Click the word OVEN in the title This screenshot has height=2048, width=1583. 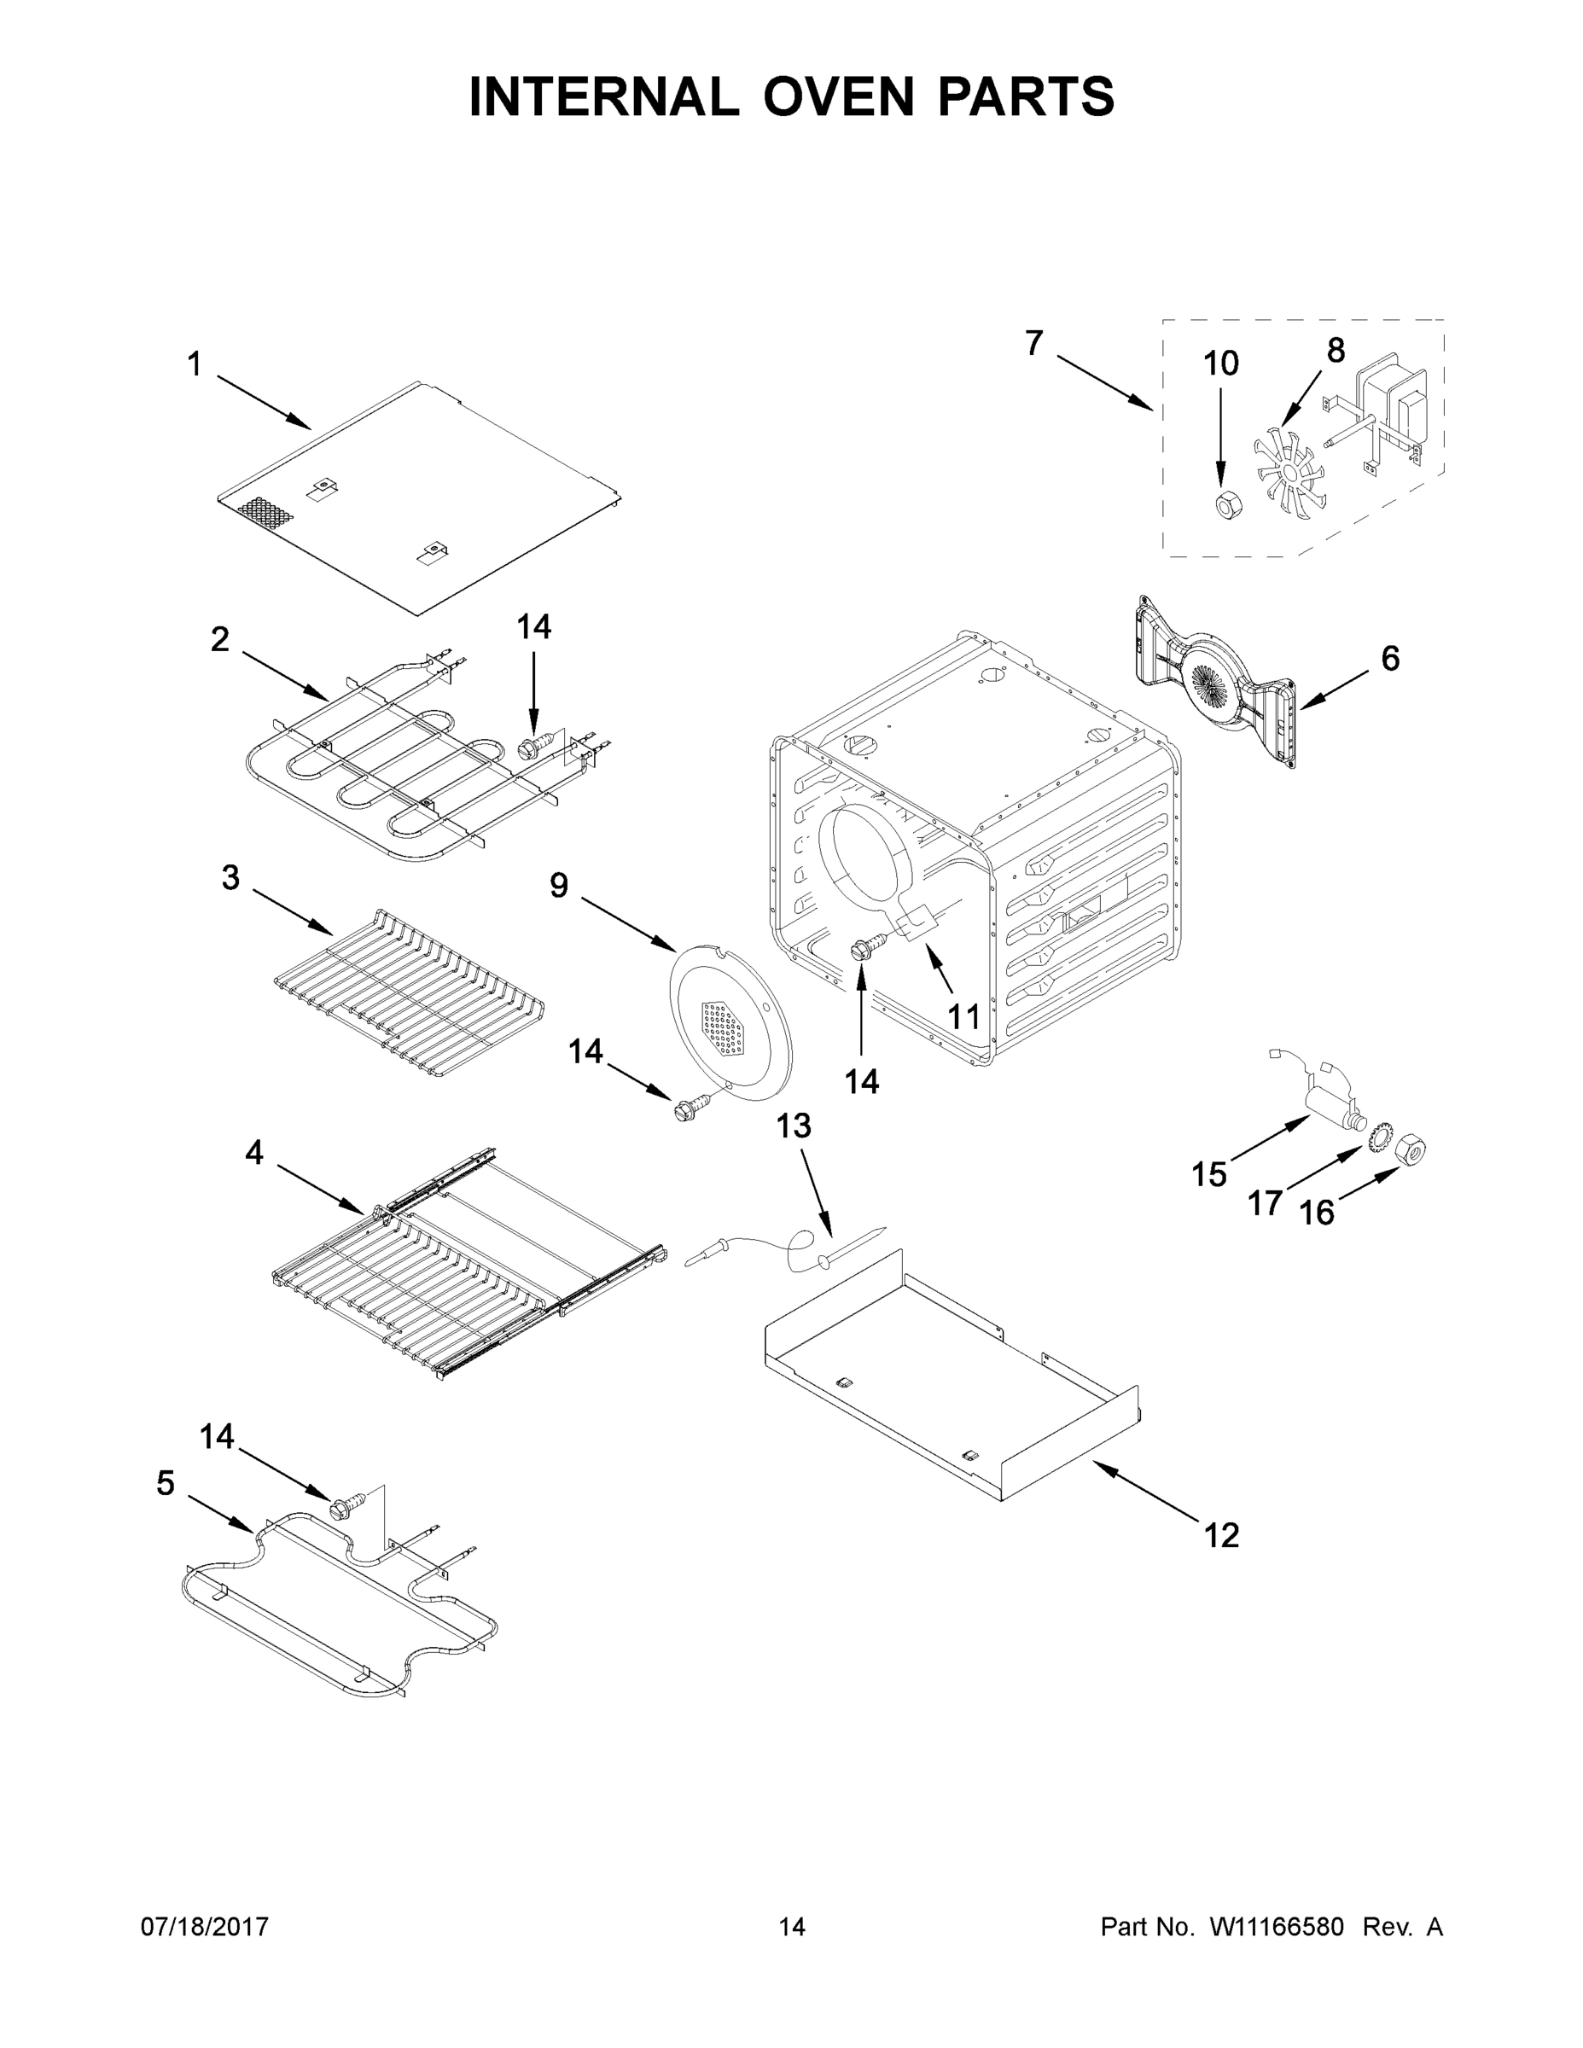pyautogui.click(x=837, y=96)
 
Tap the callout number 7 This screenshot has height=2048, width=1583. pyautogui.click(x=1033, y=344)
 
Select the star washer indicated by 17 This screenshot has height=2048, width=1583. pyautogui.click(x=1377, y=1140)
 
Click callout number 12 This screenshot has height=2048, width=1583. pyautogui.click(x=1221, y=1535)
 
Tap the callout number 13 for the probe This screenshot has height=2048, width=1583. pyautogui.click(x=794, y=1126)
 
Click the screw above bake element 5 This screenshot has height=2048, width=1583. pyautogui.click(x=340, y=1509)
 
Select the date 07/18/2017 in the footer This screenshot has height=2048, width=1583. pyautogui.click(x=205, y=1927)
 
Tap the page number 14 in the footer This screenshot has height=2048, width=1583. pyautogui.click(x=792, y=1927)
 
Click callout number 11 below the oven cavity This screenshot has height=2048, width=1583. pyautogui.click(x=964, y=1016)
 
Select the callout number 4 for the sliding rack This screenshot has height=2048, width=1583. pyautogui.click(x=254, y=1153)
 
